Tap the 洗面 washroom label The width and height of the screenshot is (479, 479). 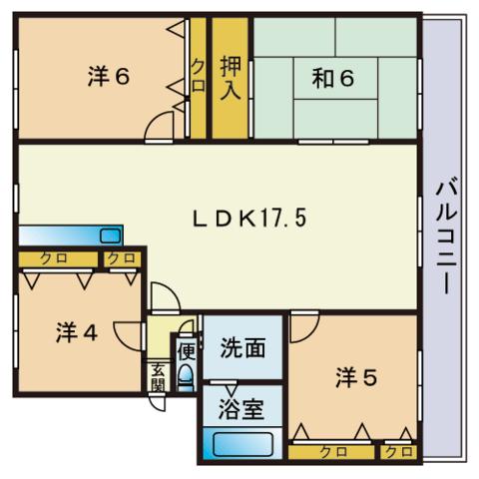coord(242,348)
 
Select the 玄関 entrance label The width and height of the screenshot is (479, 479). coord(158,377)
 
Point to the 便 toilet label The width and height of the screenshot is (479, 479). coord(185,350)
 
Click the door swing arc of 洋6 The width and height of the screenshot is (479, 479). coord(159,128)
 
